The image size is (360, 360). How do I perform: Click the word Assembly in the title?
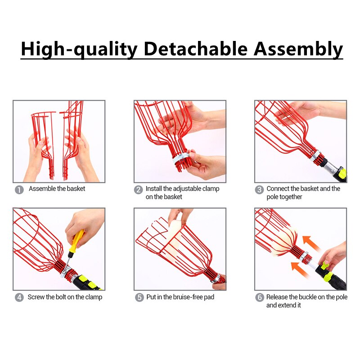[298, 48]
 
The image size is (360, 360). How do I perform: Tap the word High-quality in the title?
[79, 48]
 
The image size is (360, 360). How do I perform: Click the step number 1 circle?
[19, 189]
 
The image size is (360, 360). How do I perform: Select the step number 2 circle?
[139, 189]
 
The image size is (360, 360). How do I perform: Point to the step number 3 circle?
[259, 189]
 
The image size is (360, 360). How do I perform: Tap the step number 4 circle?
[19, 297]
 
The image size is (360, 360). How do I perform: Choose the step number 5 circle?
[139, 297]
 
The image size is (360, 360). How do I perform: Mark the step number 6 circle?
[259, 297]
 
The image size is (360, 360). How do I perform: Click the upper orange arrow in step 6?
[311, 243]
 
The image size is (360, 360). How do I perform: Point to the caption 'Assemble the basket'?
[57, 189]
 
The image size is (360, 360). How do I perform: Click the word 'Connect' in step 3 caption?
[279, 189]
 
